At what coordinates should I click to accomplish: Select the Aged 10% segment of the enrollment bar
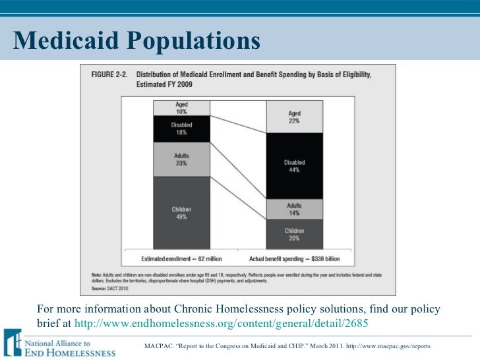coord(181,108)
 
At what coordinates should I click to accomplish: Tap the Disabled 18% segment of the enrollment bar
coord(181,129)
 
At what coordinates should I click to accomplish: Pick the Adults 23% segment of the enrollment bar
coord(181,159)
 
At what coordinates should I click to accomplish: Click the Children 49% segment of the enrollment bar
coord(181,213)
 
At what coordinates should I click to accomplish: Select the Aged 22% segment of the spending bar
coord(295,117)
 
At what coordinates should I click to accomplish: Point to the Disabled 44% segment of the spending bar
coord(295,165)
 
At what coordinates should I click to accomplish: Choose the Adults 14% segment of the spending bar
coord(295,209)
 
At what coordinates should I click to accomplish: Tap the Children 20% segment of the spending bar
coord(295,234)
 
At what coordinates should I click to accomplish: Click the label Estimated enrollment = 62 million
coord(181,258)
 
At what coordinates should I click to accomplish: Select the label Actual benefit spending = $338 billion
coord(295,258)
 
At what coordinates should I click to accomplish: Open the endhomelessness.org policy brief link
coord(222,323)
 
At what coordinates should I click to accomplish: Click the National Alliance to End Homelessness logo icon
coord(13,342)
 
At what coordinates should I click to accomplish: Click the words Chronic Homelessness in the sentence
coord(214,310)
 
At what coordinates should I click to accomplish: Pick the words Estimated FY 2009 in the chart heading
coord(164,84)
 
